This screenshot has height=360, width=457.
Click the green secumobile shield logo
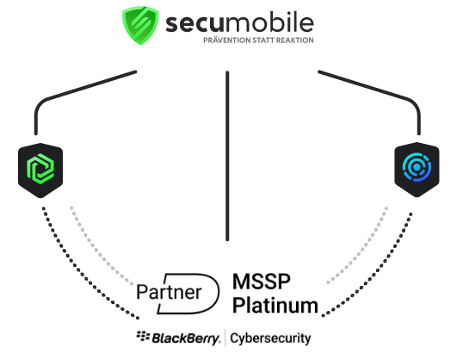pyautogui.click(x=140, y=25)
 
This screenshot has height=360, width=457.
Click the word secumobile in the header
pyautogui.click(x=239, y=22)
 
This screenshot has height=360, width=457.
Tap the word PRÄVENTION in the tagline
pyautogui.click(x=226, y=40)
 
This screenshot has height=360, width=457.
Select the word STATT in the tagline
pyautogui.click(x=262, y=40)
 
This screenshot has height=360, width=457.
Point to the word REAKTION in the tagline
pyautogui.click(x=294, y=40)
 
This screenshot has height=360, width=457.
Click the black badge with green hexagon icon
pyautogui.click(x=40, y=171)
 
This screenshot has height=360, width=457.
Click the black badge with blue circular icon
pyautogui.click(x=417, y=170)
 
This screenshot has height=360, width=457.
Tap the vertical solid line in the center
pyautogui.click(x=227, y=156)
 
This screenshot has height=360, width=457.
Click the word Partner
pyautogui.click(x=169, y=292)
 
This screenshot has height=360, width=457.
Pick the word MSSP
pyautogui.click(x=262, y=282)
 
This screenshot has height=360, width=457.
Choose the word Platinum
pyautogui.click(x=275, y=305)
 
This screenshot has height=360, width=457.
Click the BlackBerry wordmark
pyautogui.click(x=186, y=338)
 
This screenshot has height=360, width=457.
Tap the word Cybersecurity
pyautogui.click(x=270, y=338)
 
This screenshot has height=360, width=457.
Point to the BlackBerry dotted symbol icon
pyautogui.click(x=143, y=337)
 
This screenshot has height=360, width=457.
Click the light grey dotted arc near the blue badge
pyautogui.click(x=362, y=249)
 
